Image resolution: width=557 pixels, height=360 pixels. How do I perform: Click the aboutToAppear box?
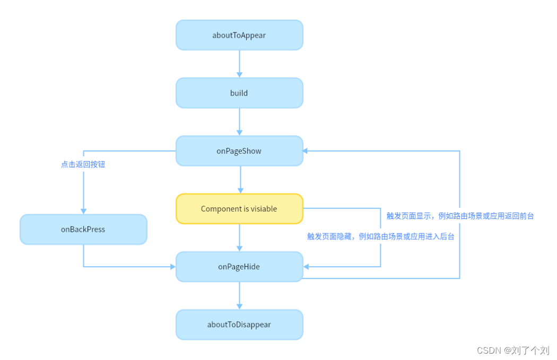pyautogui.click(x=239, y=35)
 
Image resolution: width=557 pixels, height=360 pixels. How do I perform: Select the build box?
pyautogui.click(x=239, y=93)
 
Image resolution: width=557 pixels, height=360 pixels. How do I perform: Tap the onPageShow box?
pyautogui.click(x=239, y=151)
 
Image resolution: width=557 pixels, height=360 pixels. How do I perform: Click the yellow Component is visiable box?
pyautogui.click(x=239, y=209)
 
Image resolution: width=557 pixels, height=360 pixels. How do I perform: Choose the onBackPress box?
pyautogui.click(x=83, y=229)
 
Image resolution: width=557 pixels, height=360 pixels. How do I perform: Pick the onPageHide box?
pyautogui.click(x=239, y=267)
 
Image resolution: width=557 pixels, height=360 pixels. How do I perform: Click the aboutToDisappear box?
pyautogui.click(x=239, y=324)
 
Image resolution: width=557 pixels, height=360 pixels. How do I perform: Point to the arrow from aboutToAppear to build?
pyautogui.click(x=239, y=64)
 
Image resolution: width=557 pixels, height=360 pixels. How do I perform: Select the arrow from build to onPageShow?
pyautogui.click(x=239, y=121)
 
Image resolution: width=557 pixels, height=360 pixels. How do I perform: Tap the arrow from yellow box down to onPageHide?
pyautogui.click(x=239, y=238)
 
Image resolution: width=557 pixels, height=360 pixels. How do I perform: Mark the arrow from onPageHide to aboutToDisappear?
pyautogui.click(x=239, y=295)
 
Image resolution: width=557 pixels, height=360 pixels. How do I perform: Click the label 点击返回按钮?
pyautogui.click(x=83, y=164)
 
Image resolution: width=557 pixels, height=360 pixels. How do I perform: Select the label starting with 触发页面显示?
pyautogui.click(x=460, y=216)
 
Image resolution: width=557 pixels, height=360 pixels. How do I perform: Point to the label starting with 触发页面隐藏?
pyautogui.click(x=381, y=236)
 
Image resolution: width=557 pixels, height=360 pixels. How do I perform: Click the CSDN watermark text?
pyautogui.click(x=513, y=350)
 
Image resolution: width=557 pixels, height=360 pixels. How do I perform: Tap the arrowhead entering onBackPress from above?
pyautogui.click(x=83, y=211)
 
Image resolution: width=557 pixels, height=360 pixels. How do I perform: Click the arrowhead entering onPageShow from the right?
pyautogui.click(x=306, y=151)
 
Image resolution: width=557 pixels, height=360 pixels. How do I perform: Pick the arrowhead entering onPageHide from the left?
pyautogui.click(x=172, y=267)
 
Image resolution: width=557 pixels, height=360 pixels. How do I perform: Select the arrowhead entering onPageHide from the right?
pyautogui.click(x=306, y=267)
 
